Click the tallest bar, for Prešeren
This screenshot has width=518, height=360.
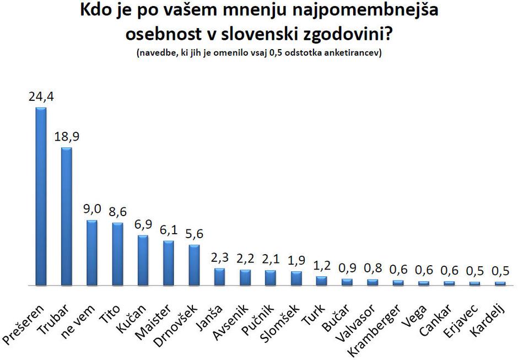pyautogui.click(x=41, y=196)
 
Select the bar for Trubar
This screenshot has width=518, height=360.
pyautogui.click(x=66, y=216)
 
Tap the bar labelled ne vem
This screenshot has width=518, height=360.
pyautogui.click(x=92, y=252)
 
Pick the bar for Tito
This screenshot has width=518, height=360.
pyautogui.click(x=117, y=254)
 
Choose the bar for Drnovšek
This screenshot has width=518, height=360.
pyautogui.click(x=194, y=265)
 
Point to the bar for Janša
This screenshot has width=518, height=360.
pyautogui.click(x=219, y=277)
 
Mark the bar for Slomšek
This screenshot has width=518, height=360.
pyautogui.click(x=296, y=278)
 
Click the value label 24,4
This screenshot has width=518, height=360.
pyautogui.click(x=41, y=97)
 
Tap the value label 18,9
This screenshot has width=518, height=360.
pyautogui.click(x=67, y=137)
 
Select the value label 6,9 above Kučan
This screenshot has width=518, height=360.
pyautogui.click(x=143, y=225)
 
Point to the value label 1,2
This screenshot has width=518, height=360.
pyautogui.click(x=321, y=266)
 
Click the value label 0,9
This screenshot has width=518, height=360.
pyautogui.click(x=347, y=268)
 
